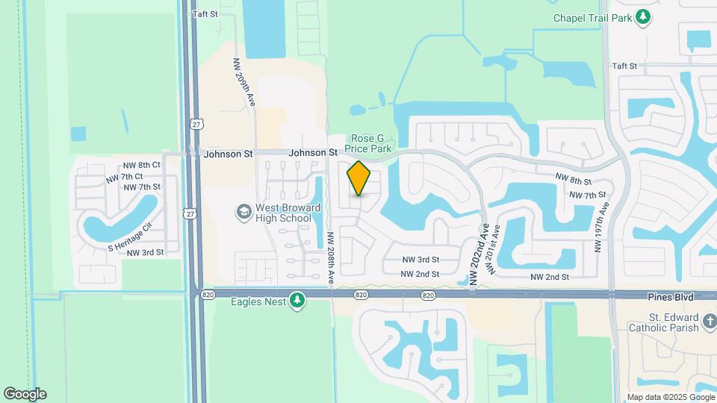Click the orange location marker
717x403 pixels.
[359, 178]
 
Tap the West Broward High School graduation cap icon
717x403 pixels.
[243, 213]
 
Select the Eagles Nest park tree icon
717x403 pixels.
[297, 301]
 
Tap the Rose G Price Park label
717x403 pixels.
[370, 143]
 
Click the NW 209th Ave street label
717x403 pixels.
[244, 82]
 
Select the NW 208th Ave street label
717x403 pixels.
[331, 257]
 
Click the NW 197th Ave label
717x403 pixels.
[599, 228]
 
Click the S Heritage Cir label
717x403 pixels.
[130, 236]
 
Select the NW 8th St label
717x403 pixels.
[573, 181]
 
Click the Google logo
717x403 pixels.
[25, 394]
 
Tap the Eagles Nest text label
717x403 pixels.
[258, 302]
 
